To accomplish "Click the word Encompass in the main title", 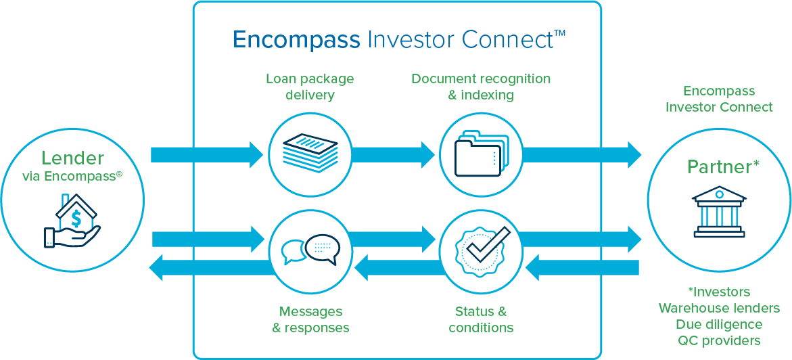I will pyautogui.click(x=296, y=40).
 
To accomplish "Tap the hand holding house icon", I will pyautogui.click(x=72, y=222).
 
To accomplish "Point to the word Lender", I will pyautogui.click(x=72, y=158).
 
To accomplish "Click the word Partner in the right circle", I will pyautogui.click(x=719, y=167).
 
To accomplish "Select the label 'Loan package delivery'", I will pyautogui.click(x=310, y=87).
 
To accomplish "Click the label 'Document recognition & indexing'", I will pyautogui.click(x=481, y=87).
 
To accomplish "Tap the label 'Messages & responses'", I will pyautogui.click(x=310, y=319).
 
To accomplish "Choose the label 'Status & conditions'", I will pyautogui.click(x=481, y=319).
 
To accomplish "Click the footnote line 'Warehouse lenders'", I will pyautogui.click(x=719, y=309).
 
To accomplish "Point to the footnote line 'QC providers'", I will pyautogui.click(x=719, y=340).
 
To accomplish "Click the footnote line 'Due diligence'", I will pyautogui.click(x=719, y=325).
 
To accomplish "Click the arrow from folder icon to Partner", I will pyautogui.click(x=582, y=155).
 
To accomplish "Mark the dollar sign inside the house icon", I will pyautogui.click(x=76, y=219).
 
